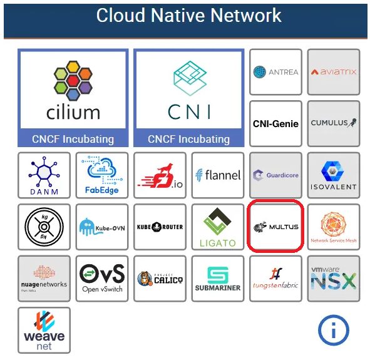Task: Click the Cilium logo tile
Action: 73,98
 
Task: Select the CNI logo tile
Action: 188,98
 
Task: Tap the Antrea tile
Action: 275,72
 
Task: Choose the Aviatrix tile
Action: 334,72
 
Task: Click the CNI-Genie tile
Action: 275,123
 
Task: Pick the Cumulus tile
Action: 334,123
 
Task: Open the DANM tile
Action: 44,175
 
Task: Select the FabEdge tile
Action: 101,175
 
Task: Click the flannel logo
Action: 217,175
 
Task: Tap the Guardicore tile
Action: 275,175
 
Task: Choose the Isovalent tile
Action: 334,175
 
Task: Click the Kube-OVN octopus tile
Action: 101,227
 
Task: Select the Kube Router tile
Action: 160,227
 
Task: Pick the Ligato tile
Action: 217,227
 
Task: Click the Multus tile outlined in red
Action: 275,227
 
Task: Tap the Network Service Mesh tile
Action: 334,227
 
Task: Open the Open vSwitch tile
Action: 101,279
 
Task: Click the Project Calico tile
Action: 160,279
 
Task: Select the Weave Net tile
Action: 44,330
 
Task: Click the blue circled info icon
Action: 333,330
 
